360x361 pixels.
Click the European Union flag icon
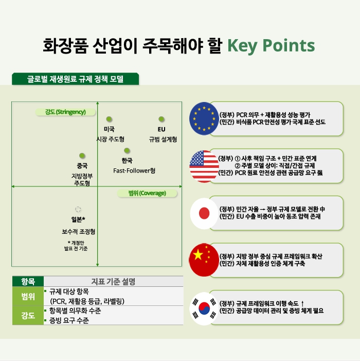[x=204, y=118]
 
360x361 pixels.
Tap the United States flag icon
[x=204, y=166]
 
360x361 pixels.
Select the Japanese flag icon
[x=204, y=213]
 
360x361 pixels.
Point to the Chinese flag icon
[x=204, y=260]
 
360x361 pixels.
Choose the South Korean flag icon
[x=204, y=308]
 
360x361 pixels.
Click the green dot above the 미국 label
[x=109, y=119]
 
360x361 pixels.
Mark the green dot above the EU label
[x=161, y=119]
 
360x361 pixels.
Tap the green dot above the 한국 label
[x=127, y=150]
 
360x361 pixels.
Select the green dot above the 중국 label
[x=82, y=156]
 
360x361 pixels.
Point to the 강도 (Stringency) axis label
[x=65, y=112]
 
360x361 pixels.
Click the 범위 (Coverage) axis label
[x=147, y=193]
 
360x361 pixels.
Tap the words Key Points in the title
[x=271, y=46]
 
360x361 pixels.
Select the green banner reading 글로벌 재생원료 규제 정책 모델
[x=76, y=79]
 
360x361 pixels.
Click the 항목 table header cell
[x=28, y=281]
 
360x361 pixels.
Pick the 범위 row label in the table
[x=28, y=296]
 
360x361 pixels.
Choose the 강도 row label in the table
[x=28, y=315]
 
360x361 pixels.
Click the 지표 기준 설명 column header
[x=113, y=281]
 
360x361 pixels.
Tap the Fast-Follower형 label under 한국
[x=134, y=170]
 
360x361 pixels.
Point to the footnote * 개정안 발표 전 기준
[x=76, y=246]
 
